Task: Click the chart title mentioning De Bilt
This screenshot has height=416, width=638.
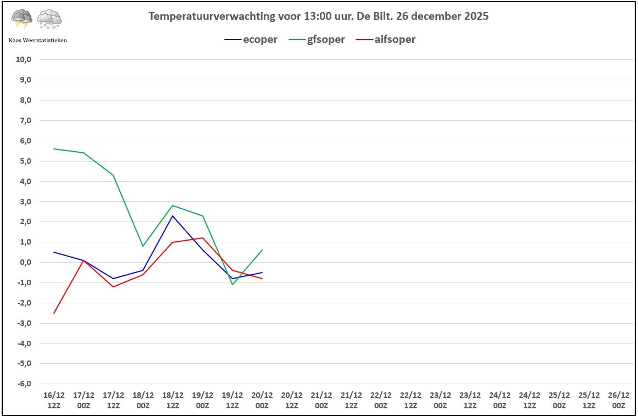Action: pos(319,16)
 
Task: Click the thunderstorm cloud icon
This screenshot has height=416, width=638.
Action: pos(22,19)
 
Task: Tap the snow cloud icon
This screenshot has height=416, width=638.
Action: pos(49,19)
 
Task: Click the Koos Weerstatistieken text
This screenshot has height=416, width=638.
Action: pos(38,40)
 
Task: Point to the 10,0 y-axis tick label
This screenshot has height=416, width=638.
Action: pos(24,59)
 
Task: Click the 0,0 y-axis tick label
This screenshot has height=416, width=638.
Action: pos(25,262)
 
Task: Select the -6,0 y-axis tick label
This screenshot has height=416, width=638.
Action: pos(24,384)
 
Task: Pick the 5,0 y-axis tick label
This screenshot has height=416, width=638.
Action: pos(25,161)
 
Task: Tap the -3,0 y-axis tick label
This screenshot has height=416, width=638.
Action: pos(24,323)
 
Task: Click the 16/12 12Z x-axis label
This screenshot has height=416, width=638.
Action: pos(54,400)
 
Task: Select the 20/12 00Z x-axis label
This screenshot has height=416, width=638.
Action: pos(262,400)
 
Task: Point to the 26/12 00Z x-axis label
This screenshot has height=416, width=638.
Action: pos(618,400)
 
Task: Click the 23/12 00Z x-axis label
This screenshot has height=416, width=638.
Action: pos(440,400)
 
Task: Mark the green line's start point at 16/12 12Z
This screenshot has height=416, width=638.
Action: pos(54,149)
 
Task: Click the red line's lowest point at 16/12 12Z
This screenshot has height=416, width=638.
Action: pos(54,313)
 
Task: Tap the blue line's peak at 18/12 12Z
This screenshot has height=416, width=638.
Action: pos(173,216)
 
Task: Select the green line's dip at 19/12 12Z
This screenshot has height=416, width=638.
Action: pos(232,284)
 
